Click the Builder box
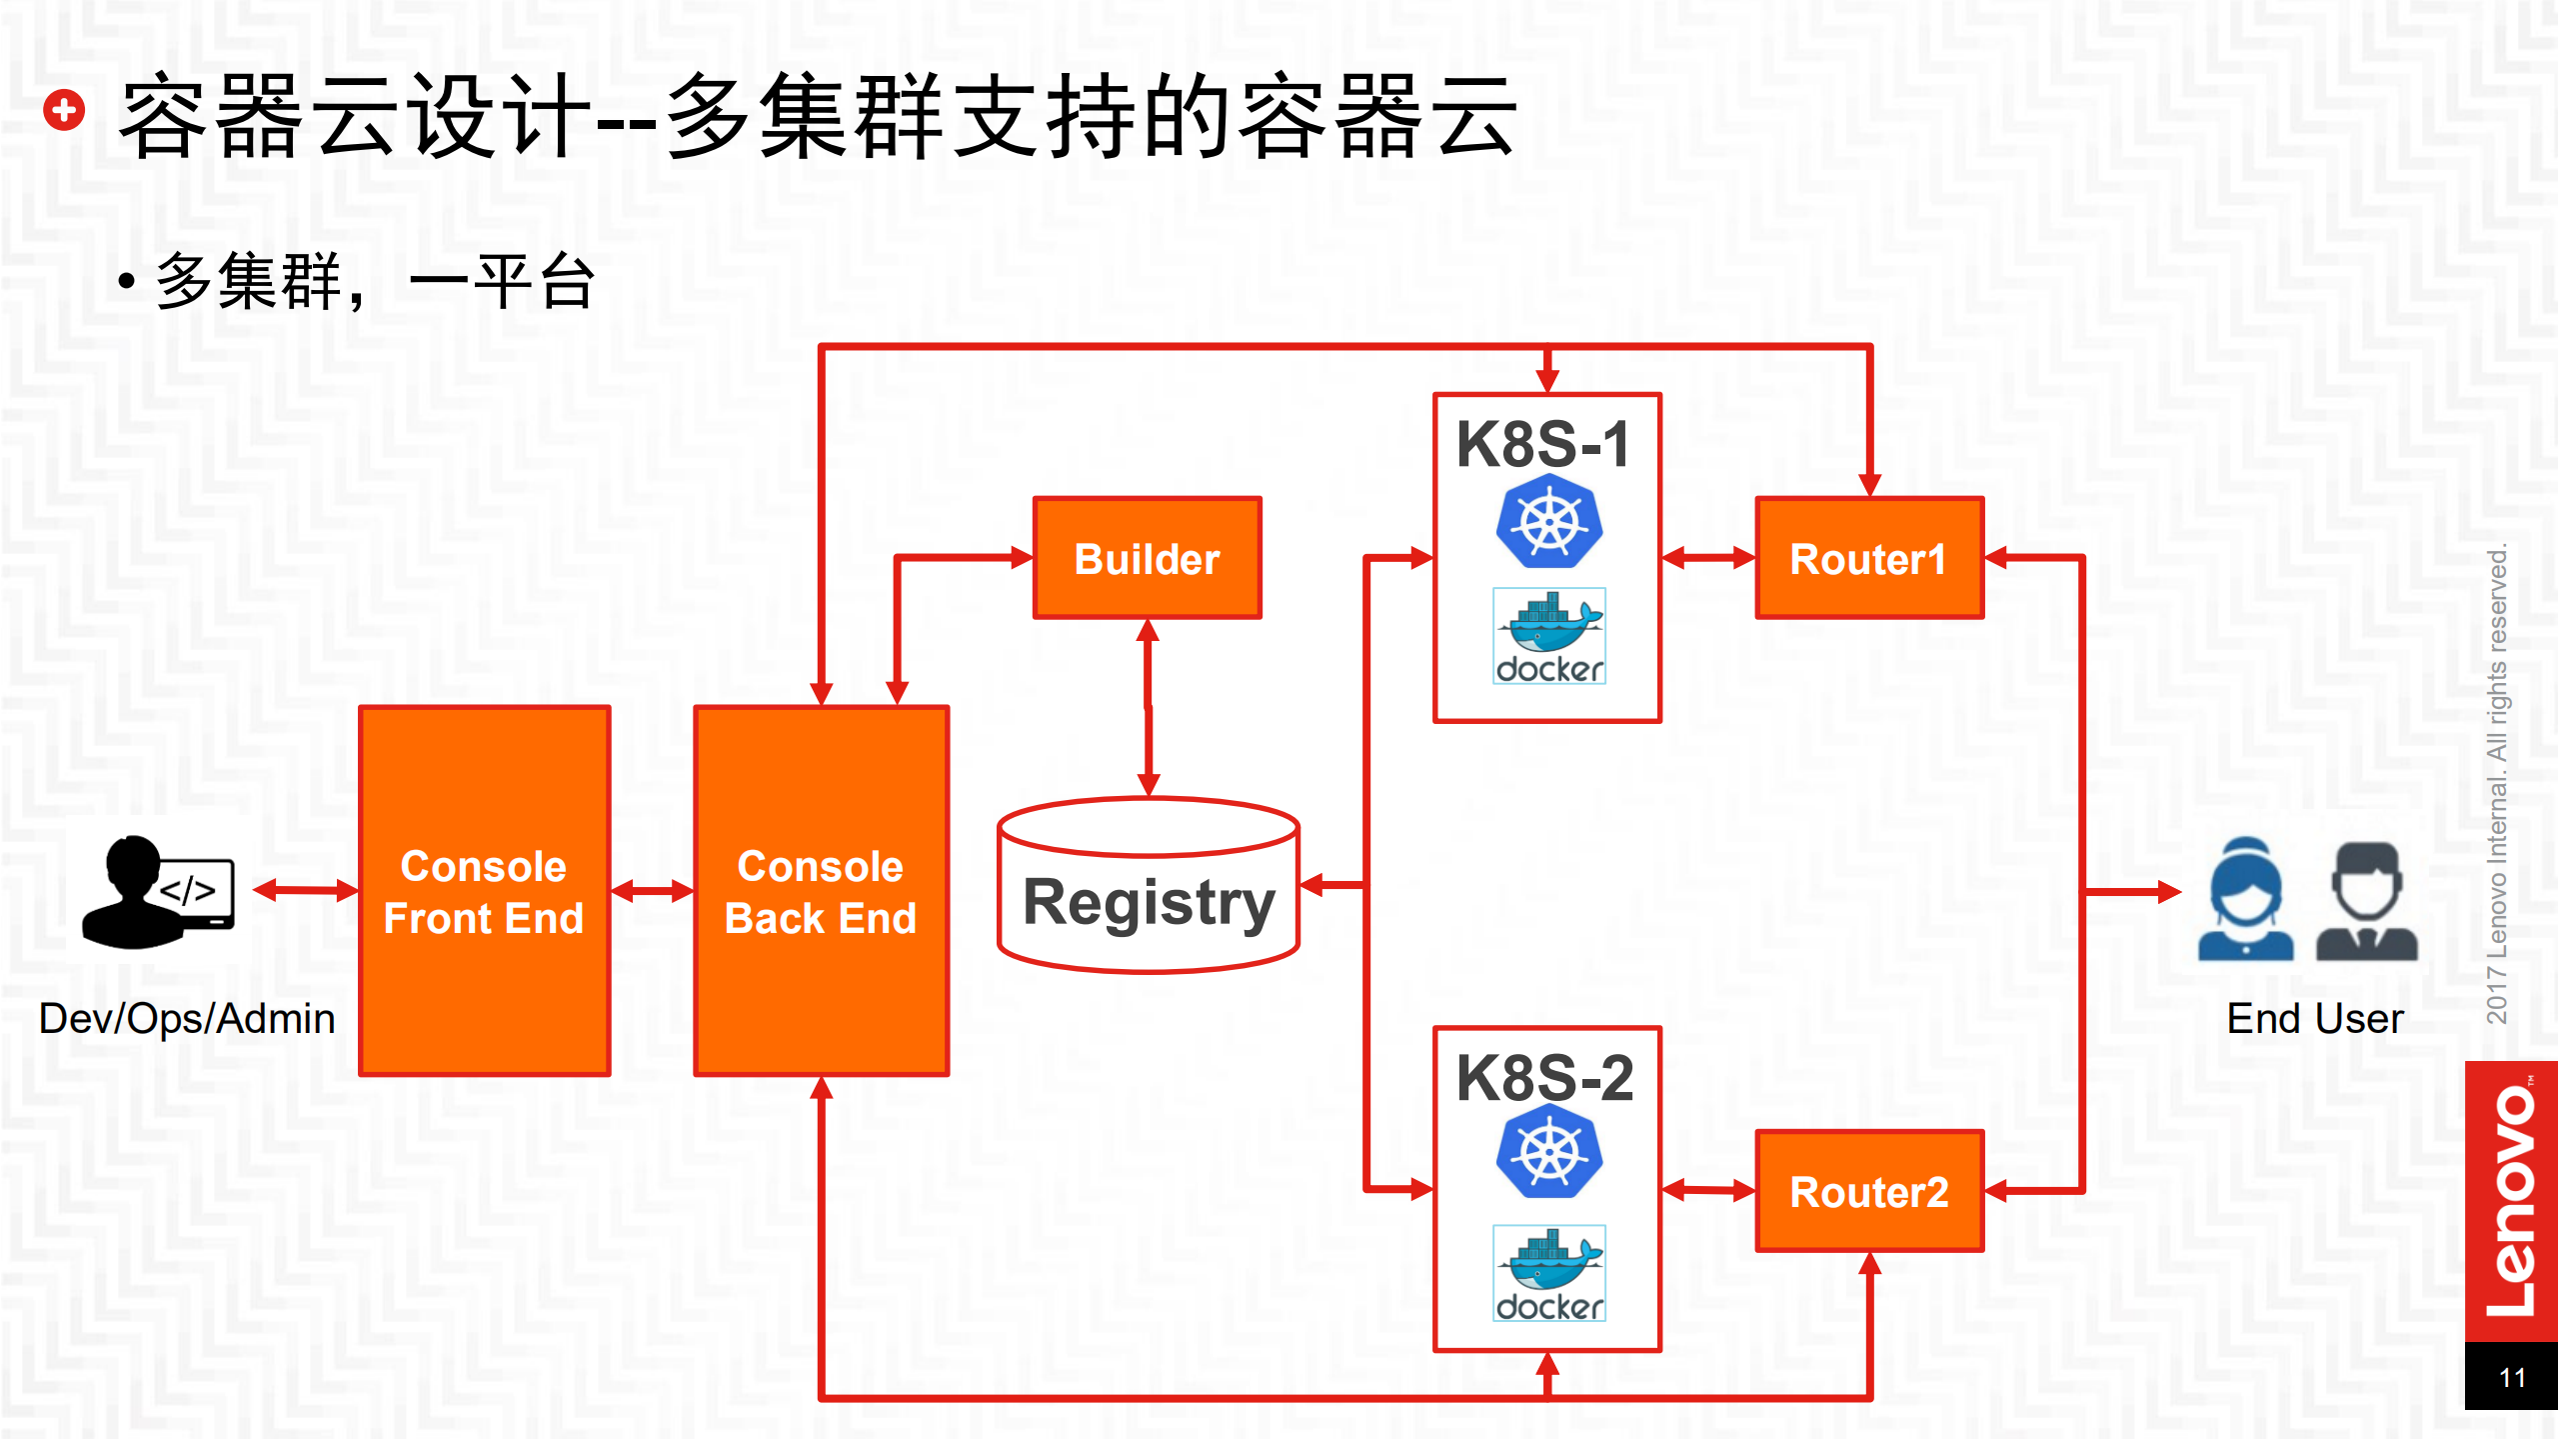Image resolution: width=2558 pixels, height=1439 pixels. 1147,558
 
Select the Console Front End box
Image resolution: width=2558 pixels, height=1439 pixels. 484,891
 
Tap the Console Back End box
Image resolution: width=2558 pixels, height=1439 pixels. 821,891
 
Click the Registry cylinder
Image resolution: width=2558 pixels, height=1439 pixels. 1148,900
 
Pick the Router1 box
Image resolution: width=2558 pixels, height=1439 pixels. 1868,558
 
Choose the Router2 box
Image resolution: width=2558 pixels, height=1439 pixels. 1868,1191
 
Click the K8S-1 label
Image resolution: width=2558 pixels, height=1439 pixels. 1543,444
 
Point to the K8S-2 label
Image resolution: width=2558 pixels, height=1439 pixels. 1544,1078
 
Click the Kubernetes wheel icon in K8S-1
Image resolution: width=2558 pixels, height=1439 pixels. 1548,522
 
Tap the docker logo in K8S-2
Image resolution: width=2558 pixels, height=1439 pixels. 1548,1273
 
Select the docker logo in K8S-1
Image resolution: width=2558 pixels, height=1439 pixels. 1548,636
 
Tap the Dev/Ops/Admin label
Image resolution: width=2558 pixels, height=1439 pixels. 187,1019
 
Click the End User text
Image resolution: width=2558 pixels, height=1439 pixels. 2314,1019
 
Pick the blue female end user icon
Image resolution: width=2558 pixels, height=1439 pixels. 2245,899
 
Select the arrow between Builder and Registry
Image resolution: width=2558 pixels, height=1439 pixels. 1149,706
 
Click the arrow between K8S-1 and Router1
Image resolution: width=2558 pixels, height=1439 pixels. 1707,558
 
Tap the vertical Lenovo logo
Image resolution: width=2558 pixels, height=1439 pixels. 2512,1200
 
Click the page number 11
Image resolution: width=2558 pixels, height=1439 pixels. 2512,1378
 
